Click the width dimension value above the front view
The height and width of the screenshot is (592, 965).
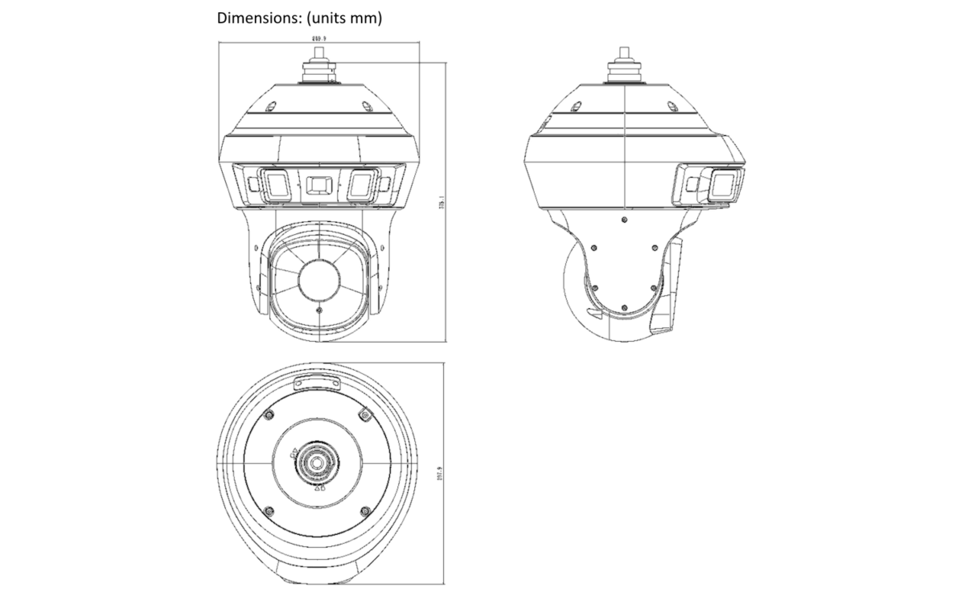319,38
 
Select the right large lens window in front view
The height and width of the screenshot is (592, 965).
359,184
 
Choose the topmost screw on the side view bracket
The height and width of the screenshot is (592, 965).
625,218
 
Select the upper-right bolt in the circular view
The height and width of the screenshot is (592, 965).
364,415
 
